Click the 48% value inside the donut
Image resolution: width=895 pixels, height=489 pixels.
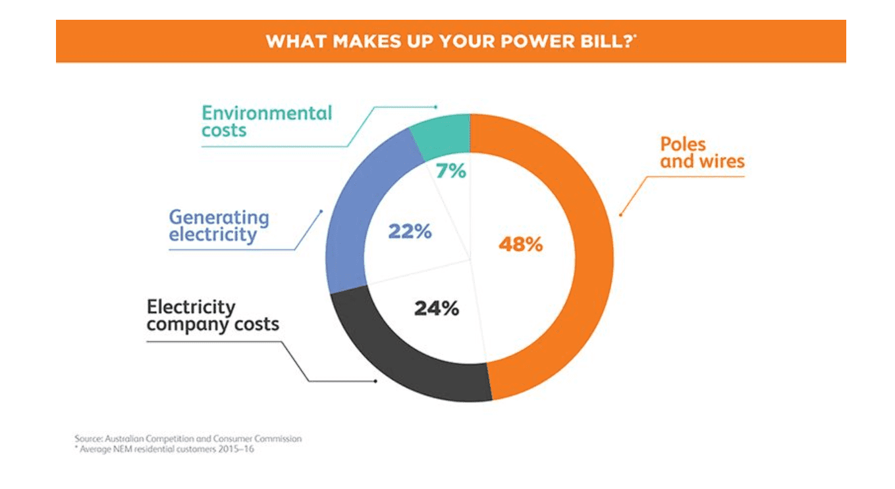coord(520,244)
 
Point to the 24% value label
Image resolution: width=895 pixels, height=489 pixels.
coord(437,308)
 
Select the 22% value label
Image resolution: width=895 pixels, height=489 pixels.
coord(409,232)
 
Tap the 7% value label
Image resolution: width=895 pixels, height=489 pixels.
coord(452,171)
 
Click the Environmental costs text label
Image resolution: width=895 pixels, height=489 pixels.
coord(267,121)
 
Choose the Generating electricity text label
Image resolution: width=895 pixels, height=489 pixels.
coord(219,226)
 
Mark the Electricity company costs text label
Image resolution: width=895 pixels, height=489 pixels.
coord(212,316)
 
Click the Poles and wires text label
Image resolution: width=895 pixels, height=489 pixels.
coord(702,153)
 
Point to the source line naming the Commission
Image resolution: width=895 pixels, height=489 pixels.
coord(188,438)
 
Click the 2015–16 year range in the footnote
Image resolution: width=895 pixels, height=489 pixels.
coord(237,449)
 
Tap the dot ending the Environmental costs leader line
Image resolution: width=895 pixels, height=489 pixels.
coord(435,106)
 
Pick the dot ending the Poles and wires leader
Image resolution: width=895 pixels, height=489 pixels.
coord(620,214)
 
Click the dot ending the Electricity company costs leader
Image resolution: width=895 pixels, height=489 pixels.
coord(375,381)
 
